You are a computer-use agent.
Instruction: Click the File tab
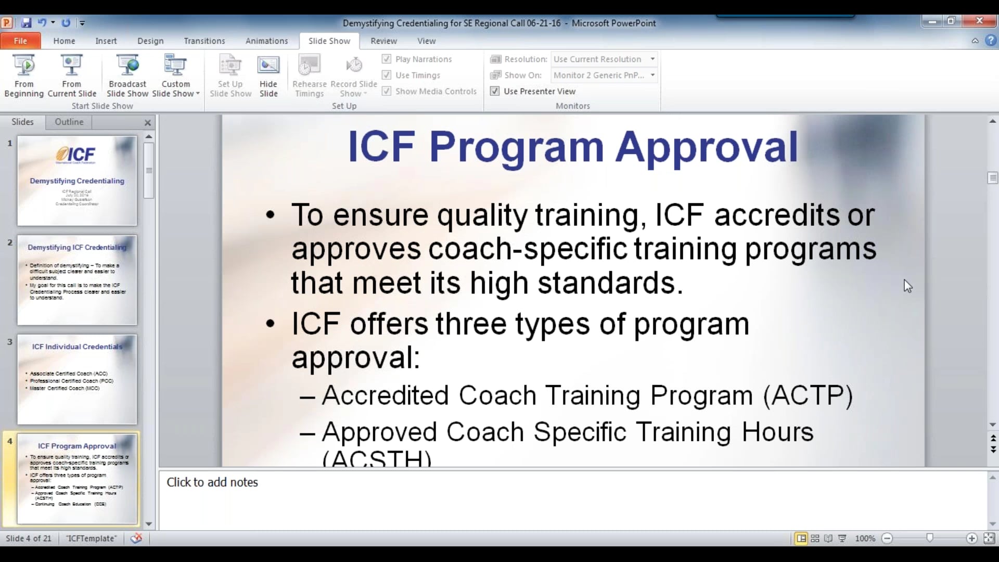20,41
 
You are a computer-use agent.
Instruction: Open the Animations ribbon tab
266,41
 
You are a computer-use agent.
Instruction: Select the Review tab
383,41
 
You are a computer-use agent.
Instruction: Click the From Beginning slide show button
24,76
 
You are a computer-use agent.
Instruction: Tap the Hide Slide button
268,76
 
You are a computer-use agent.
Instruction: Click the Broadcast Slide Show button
127,76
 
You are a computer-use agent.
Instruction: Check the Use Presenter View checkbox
495,91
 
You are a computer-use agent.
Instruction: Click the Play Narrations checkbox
387,59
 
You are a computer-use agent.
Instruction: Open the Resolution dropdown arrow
652,59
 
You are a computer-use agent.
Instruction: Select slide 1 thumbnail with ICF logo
77,181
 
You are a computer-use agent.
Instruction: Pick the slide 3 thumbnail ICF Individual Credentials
77,379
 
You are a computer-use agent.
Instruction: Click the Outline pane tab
69,122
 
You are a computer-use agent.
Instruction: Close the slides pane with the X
148,123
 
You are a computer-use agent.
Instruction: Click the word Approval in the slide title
707,147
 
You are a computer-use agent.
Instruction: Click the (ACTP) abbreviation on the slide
808,395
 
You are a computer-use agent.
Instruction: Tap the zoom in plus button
971,539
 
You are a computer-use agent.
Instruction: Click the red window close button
979,21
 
